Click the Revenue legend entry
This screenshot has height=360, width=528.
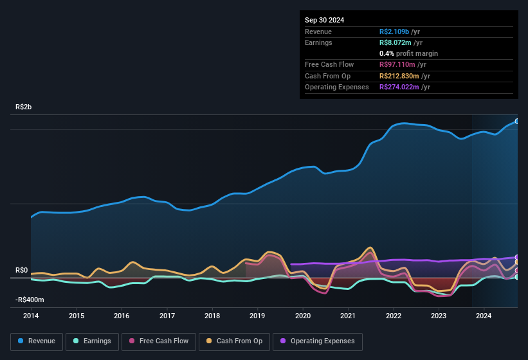tap(37, 341)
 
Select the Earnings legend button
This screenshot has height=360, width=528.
tap(92, 341)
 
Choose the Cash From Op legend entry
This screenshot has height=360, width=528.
tap(235, 341)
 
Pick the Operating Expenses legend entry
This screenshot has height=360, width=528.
tap(318, 341)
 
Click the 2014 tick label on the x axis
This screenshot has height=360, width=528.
tap(31, 316)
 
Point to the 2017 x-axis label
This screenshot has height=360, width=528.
tap(167, 316)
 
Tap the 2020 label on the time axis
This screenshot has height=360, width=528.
tap(303, 316)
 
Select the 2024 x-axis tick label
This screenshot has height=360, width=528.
tap(484, 316)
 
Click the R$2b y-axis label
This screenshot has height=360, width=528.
tap(23, 107)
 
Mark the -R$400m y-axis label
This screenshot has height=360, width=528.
tap(30, 300)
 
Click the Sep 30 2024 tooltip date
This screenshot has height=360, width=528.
tap(324, 20)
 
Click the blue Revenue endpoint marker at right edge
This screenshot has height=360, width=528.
tap(517, 121)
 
